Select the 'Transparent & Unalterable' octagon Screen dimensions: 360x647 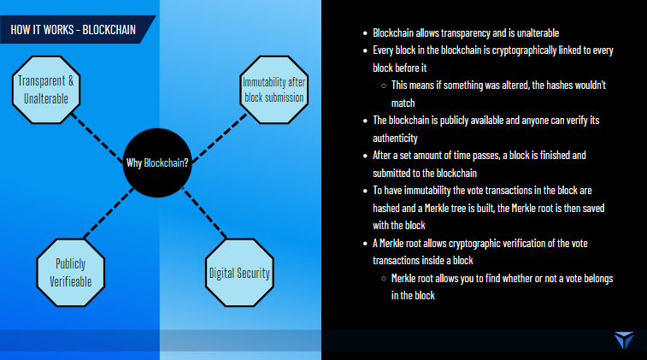pyautogui.click(x=47, y=89)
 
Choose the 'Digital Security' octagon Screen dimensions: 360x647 pyautogui.click(x=240, y=274)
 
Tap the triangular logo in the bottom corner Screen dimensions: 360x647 pyautogui.click(x=625, y=339)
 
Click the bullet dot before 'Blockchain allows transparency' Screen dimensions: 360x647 pyautogui.click(x=365, y=33)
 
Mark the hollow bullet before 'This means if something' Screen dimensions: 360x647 pyautogui.click(x=382, y=86)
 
